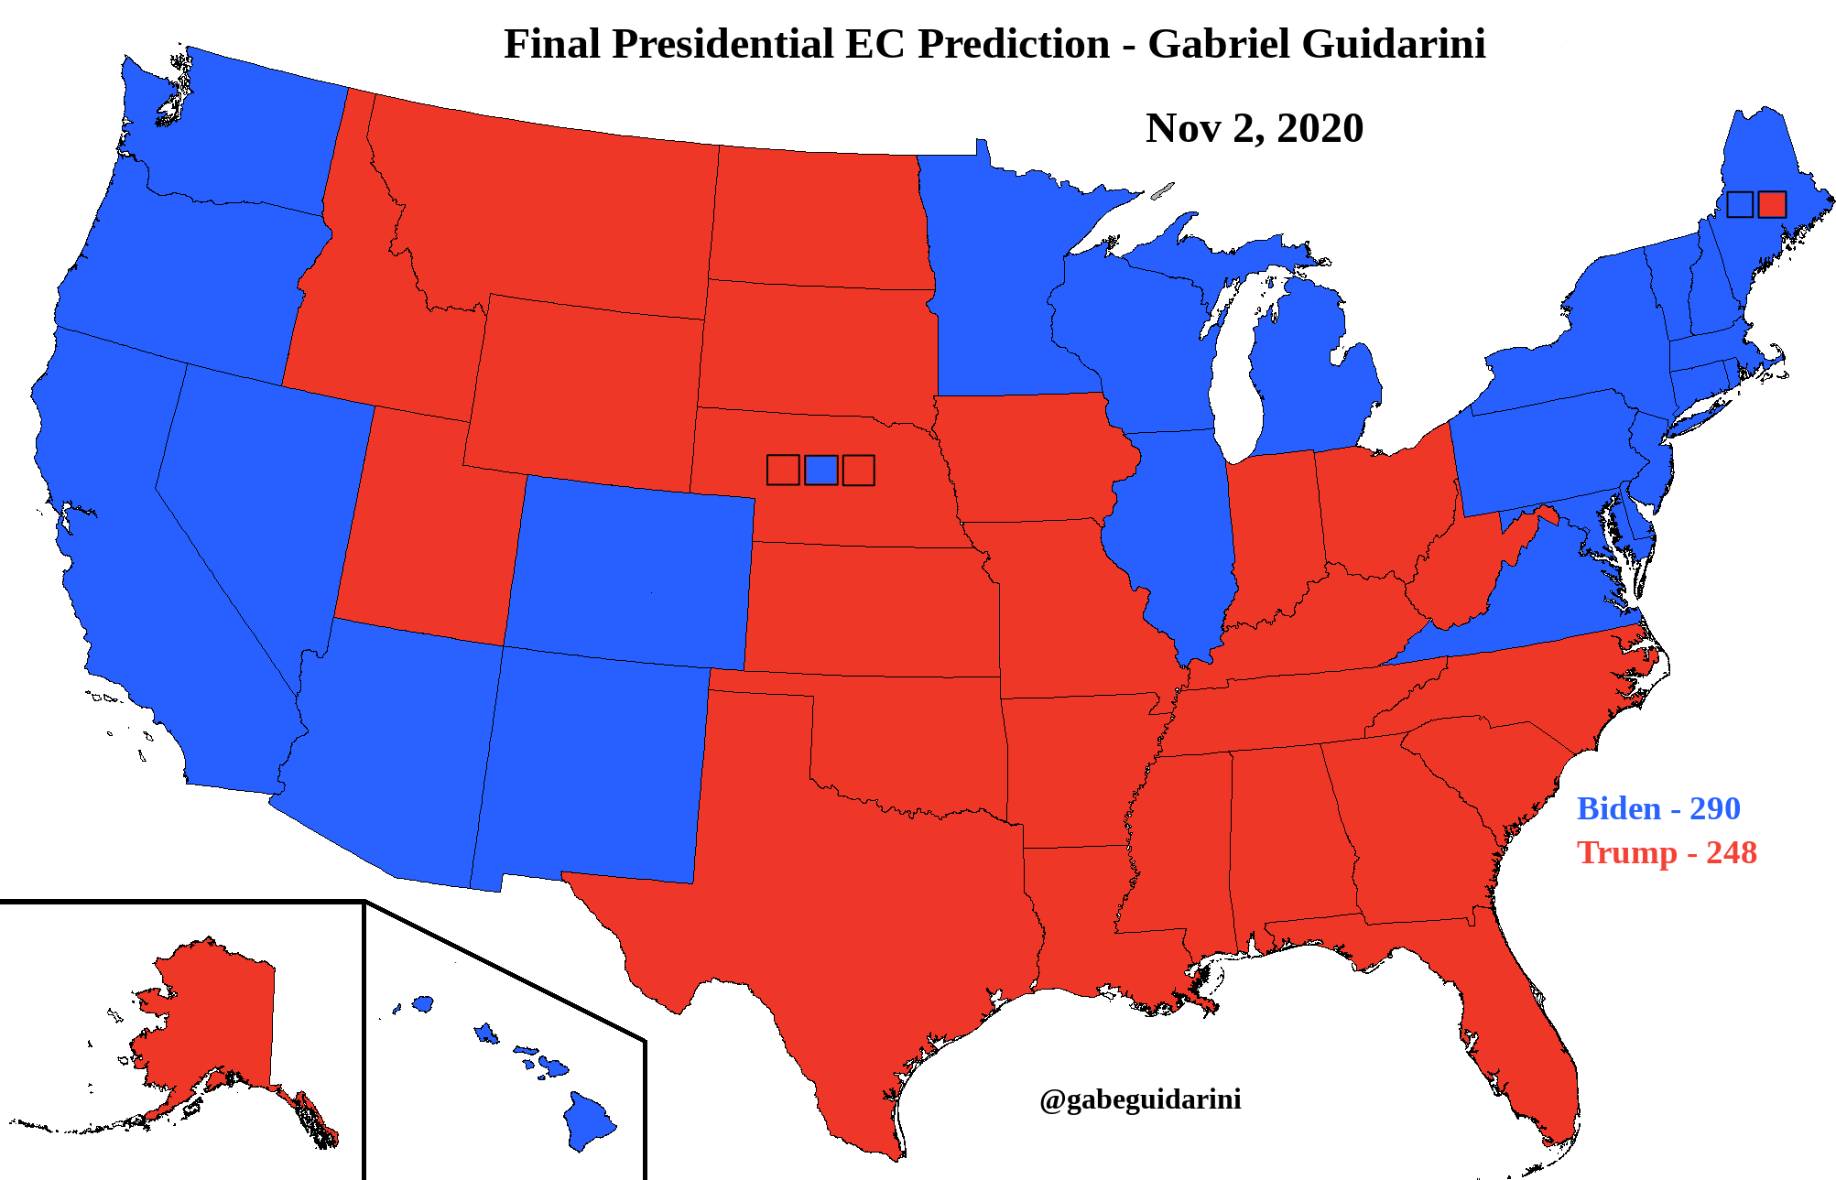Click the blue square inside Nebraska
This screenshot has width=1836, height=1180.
820,470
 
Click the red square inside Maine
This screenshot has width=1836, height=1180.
1772,204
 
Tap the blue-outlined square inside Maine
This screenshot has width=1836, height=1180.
1740,204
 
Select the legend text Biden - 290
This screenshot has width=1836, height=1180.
1657,808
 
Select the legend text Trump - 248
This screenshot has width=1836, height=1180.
1666,852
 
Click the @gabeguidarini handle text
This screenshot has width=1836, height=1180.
1140,1099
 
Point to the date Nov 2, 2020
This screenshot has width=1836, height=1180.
1254,128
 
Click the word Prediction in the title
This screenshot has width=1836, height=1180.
1014,44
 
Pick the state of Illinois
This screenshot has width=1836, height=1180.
1177,531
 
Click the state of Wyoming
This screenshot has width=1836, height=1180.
586,384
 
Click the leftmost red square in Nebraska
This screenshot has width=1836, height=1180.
783,470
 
